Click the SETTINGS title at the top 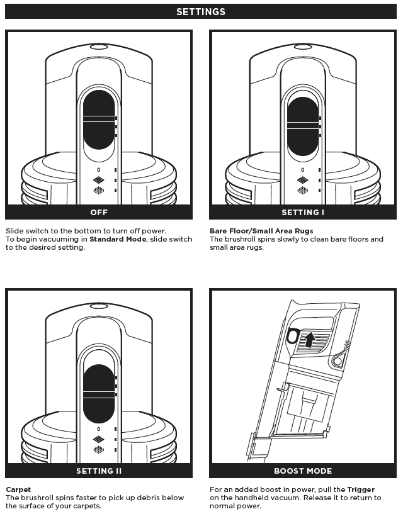click(x=201, y=12)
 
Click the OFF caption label click(x=99, y=212)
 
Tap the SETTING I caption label click(x=303, y=212)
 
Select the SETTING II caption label click(x=99, y=471)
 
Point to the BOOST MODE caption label click(x=303, y=471)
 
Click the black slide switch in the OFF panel click(x=99, y=120)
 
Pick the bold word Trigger click(x=361, y=489)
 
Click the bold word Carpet click(x=18, y=489)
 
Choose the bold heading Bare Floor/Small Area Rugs click(x=261, y=231)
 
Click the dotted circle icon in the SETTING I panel click(x=303, y=190)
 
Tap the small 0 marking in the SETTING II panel click(x=99, y=428)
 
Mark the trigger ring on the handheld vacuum click(x=291, y=336)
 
